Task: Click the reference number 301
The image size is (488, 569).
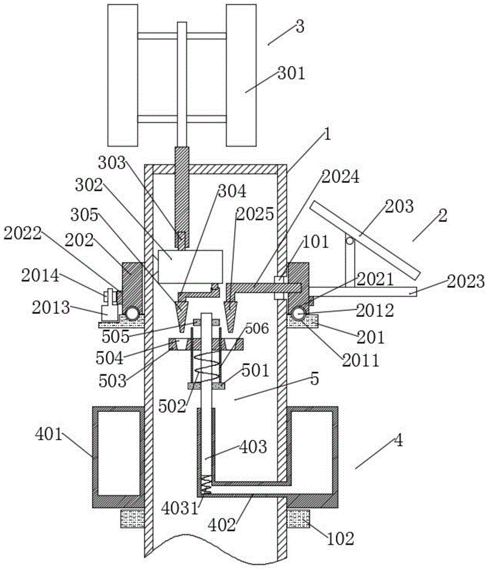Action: pyautogui.click(x=291, y=73)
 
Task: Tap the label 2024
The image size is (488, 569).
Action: pyautogui.click(x=340, y=177)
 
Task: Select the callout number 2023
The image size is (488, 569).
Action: pyautogui.click(x=465, y=282)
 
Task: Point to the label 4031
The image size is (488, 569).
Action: pyautogui.click(x=180, y=508)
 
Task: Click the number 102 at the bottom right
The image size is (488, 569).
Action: pyautogui.click(x=340, y=539)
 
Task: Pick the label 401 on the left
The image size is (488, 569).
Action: pyautogui.click(x=48, y=434)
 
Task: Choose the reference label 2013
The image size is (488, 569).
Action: pyautogui.click(x=51, y=308)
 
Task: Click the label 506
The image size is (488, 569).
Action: pyautogui.click(x=257, y=328)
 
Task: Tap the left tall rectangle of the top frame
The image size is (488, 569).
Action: pyautogui.click(x=123, y=75)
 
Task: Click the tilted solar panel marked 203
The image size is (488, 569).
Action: pyautogui.click(x=365, y=240)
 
